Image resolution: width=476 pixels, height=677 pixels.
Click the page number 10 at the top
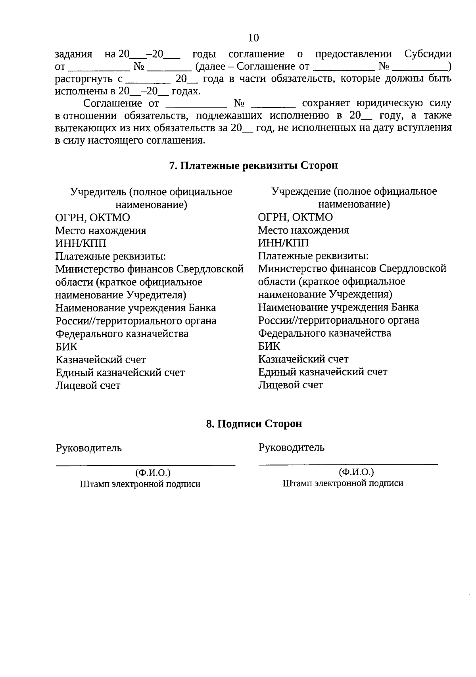point(253,38)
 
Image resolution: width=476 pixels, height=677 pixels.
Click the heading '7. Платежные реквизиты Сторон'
point(253,165)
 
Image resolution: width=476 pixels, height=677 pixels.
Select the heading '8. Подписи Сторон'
point(254,424)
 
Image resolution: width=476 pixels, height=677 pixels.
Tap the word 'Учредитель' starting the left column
point(98,192)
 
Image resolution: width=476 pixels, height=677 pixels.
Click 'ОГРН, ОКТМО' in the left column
point(92,218)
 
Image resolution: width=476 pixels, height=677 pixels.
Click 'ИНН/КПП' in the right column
point(283,243)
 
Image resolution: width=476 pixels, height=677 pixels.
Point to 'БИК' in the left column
point(67,347)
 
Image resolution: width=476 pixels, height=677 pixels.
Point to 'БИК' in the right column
point(269,346)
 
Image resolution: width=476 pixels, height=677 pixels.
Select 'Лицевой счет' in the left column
point(88,385)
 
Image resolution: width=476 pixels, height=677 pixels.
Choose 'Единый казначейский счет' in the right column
point(322,372)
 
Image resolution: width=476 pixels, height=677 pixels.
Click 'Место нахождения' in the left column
point(101,230)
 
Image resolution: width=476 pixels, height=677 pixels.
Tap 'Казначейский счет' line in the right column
point(303,359)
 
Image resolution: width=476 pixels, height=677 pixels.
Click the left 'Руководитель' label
point(89,448)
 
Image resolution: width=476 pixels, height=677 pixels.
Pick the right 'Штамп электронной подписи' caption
point(343,483)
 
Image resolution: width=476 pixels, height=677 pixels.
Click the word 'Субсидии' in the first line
point(428,54)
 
